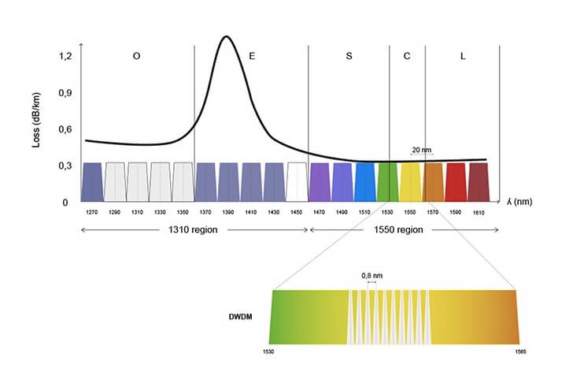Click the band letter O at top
pos(137,57)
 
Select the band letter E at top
pos(252,57)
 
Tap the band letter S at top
pos(349,57)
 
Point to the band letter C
pos(407,57)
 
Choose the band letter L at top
pos(461,57)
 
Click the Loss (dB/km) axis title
pos(35,129)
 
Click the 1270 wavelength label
pos(92,213)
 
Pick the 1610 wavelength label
pos(479,213)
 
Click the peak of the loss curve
pos(227,37)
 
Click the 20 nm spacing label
pos(421,148)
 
